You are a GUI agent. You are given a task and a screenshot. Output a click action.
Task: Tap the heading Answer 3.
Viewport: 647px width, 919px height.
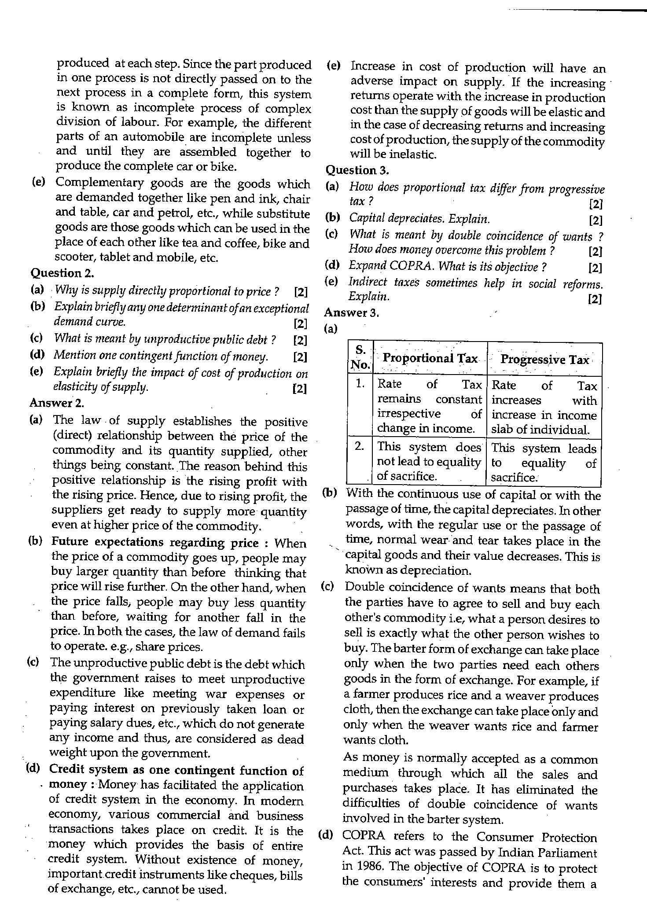pos(351,312)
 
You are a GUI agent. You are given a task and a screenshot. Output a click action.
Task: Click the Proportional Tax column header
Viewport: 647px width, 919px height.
pos(430,358)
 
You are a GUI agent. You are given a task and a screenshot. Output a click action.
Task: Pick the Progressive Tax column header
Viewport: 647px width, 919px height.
pos(544,360)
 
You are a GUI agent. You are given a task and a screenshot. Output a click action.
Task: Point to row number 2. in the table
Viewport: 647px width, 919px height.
pos(360,446)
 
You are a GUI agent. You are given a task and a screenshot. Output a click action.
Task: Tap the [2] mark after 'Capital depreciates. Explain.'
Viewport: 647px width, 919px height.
pos(595,220)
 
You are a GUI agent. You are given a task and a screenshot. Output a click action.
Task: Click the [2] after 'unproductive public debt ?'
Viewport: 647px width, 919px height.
pos(300,340)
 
